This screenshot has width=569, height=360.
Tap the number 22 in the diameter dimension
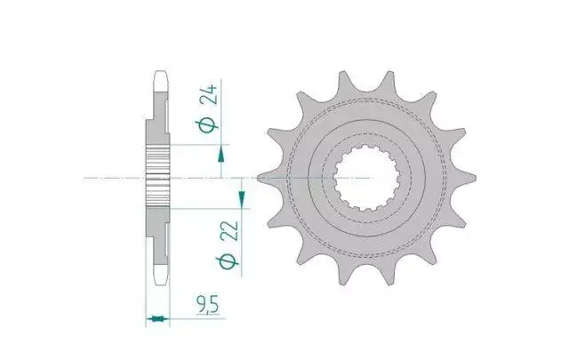coord(229,231)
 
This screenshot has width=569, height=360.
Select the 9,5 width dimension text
coord(208,305)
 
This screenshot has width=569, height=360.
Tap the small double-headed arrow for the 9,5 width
coord(157,319)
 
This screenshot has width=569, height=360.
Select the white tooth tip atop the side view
coord(161,81)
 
